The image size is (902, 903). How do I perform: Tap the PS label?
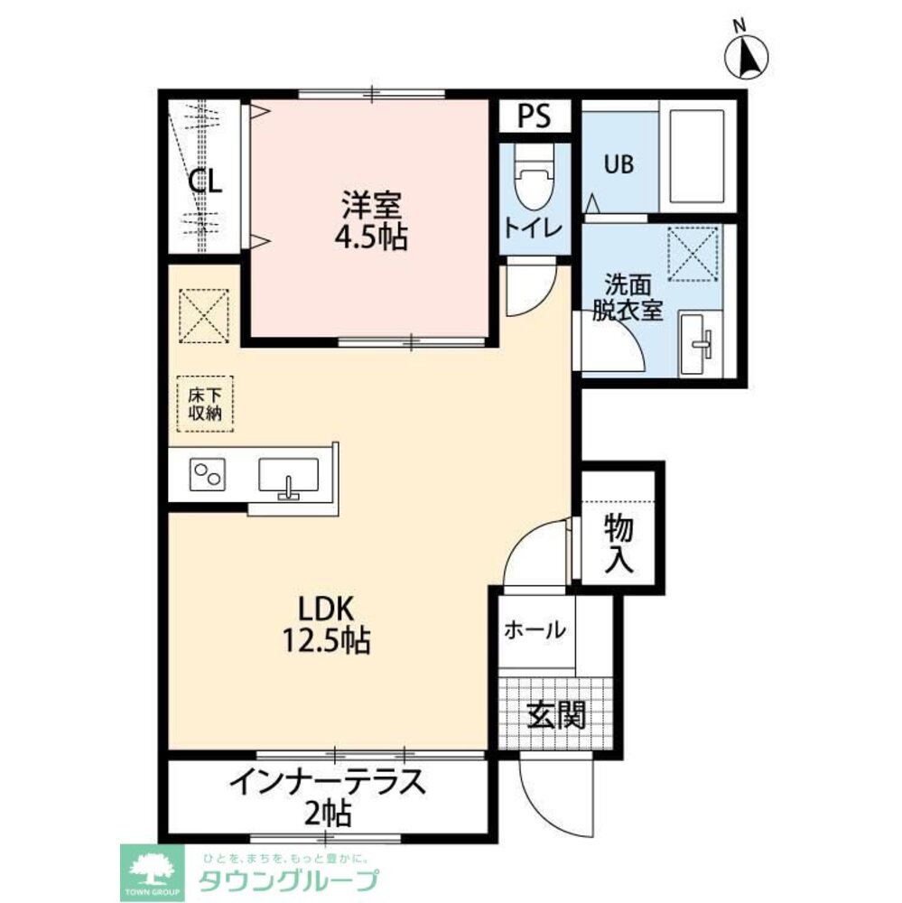point(534,116)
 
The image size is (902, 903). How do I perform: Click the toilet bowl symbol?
point(534,177)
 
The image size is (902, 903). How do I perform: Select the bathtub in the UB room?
point(697,155)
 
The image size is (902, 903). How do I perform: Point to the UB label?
point(618,164)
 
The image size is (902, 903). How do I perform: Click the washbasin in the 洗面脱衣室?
point(699,344)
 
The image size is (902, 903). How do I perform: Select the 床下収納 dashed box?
point(205,404)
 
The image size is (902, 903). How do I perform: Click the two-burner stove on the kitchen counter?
point(208,475)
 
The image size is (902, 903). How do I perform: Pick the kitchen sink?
point(288,475)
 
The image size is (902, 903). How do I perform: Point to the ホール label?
point(535,630)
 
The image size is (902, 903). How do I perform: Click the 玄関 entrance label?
point(556,714)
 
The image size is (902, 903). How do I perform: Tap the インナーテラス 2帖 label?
point(327,797)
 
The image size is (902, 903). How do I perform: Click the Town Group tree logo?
point(152,872)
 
